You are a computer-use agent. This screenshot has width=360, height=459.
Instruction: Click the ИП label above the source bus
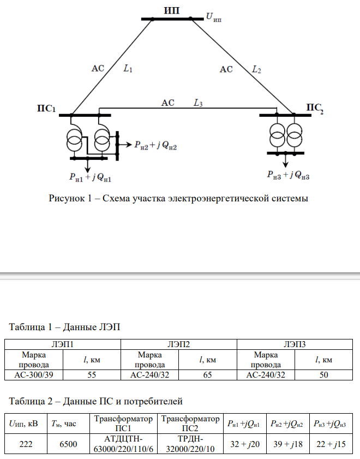point(171,10)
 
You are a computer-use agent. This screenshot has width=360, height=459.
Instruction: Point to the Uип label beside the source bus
point(213,17)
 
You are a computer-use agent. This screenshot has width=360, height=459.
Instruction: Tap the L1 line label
point(128,69)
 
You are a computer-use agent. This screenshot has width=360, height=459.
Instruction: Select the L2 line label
point(256,69)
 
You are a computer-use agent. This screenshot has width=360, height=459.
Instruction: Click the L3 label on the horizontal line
point(198,102)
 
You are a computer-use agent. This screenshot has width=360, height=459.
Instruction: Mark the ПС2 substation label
point(315,108)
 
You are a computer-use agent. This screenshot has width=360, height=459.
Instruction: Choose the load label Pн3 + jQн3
point(289,175)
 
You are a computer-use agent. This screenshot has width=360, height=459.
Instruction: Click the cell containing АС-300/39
point(33,375)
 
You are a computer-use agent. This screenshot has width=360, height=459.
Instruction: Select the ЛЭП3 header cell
point(295,344)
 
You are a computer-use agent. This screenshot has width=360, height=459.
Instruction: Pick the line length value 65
point(207,375)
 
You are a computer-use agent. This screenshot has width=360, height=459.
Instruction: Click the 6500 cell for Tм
point(68,444)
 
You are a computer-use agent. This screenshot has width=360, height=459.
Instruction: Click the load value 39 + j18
point(287,444)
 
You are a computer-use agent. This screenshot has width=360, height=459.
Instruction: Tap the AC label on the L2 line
point(226,69)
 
